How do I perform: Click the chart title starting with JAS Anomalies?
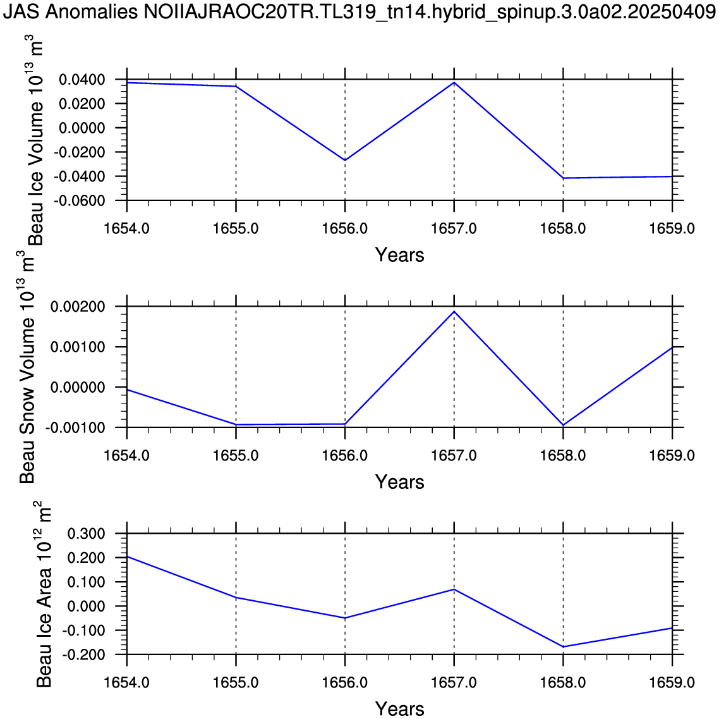tap(359, 13)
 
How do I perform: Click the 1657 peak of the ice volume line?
tap(454, 83)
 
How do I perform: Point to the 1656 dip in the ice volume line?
tap(345, 160)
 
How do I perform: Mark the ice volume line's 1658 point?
tap(563, 178)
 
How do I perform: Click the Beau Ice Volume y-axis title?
tap(36, 143)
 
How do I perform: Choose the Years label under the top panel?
tap(399, 255)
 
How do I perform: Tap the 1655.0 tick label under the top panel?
tap(236, 228)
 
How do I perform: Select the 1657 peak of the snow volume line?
tap(454, 311)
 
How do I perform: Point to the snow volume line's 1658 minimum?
tap(563, 426)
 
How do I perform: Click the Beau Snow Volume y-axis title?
tap(28, 367)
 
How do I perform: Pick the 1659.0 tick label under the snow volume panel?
tap(672, 455)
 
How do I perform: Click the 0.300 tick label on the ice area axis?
tap(86, 534)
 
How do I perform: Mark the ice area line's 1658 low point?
tap(563, 646)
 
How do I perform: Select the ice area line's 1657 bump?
tap(454, 589)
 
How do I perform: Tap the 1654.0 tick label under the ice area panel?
tap(126, 682)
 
